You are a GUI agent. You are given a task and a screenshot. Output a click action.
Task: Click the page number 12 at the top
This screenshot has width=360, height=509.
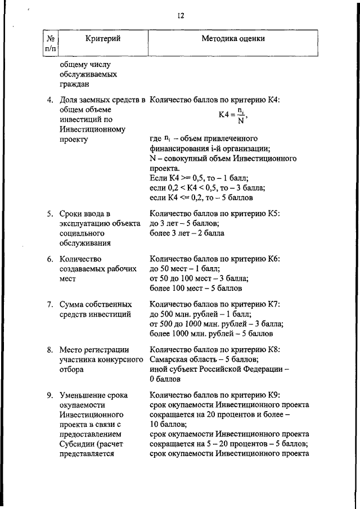point(181,16)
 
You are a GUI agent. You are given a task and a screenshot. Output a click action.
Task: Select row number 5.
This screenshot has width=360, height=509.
point(50,213)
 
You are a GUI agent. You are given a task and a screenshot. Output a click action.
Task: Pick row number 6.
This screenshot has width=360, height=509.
point(50,259)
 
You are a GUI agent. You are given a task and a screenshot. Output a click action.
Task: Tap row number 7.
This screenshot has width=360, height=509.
point(50,304)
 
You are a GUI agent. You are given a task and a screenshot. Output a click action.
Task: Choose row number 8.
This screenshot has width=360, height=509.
point(50,349)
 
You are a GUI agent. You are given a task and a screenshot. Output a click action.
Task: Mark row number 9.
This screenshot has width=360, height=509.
point(50,395)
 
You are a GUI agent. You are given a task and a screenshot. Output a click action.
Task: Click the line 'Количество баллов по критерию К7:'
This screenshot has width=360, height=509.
point(214,304)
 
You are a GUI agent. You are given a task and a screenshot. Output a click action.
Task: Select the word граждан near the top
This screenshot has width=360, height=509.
point(74,84)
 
